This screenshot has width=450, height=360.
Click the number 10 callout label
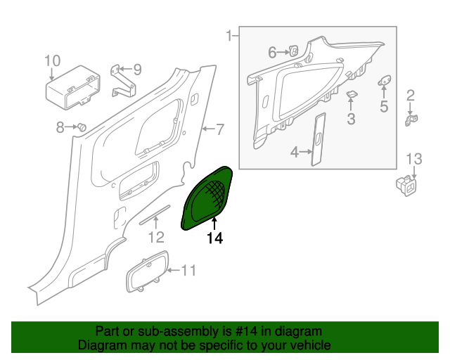53,60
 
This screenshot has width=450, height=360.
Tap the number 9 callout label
137,70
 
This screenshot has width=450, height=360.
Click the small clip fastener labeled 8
82,127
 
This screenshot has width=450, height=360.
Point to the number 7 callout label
219,129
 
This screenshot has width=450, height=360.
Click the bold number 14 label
214,238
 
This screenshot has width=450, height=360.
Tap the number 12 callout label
155,236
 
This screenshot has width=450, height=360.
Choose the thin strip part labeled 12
155,214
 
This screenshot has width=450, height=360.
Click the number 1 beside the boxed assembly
229,35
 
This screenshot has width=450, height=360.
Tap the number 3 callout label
351,119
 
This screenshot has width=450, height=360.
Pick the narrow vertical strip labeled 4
317,139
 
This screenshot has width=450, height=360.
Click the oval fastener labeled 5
385,82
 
